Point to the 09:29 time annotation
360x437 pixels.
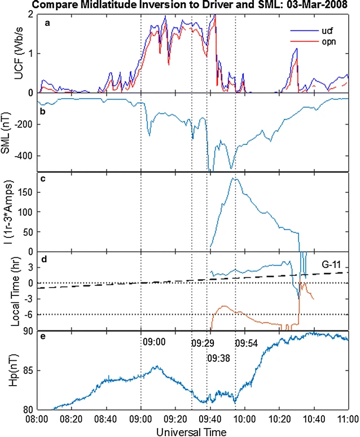[x=201, y=343]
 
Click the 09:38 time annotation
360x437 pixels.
[x=218, y=358]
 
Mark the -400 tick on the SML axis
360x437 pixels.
[x=24, y=156]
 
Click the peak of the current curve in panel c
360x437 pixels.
[x=235, y=179]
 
